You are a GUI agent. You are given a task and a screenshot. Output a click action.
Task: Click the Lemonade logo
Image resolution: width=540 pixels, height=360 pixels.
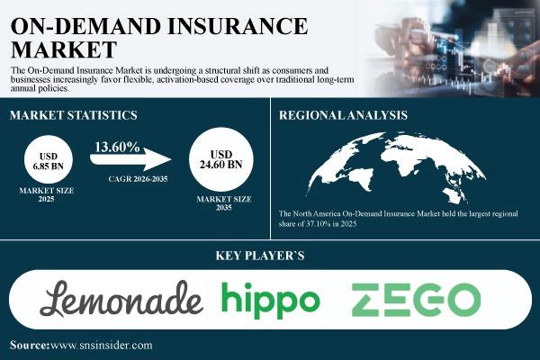[121, 298]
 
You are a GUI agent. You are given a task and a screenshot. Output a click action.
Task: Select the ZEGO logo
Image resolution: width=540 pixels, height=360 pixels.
[416, 300]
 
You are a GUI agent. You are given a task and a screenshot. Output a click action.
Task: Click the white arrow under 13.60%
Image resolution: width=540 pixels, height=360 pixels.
[130, 159]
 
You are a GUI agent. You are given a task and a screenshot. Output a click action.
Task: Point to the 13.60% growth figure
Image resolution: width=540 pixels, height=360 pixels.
[117, 147]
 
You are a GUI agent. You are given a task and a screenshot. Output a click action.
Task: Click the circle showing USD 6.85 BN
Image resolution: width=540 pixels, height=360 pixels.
[49, 159]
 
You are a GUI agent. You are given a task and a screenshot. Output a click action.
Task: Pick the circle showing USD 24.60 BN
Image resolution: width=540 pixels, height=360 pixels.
[221, 159]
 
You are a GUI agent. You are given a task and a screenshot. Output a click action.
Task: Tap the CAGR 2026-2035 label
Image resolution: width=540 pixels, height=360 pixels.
[138, 179]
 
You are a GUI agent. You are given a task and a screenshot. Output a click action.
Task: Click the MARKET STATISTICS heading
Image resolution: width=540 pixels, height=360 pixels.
[74, 115]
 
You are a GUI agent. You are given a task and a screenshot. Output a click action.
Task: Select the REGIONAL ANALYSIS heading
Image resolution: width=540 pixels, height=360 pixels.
[344, 115]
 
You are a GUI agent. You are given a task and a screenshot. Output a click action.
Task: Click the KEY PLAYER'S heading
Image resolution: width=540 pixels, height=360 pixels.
[260, 256]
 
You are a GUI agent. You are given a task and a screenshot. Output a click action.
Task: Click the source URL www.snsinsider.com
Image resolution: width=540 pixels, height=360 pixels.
[101, 346]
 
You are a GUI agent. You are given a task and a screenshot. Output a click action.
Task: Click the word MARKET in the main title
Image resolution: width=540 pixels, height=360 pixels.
[64, 49]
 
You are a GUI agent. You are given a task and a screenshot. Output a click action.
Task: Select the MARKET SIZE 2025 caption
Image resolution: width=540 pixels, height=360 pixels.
[47, 194]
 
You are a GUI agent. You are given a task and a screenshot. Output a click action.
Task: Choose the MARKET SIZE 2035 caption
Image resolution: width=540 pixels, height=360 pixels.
[224, 203]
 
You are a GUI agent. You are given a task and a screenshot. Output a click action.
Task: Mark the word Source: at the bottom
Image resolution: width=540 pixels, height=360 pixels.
[30, 346]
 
